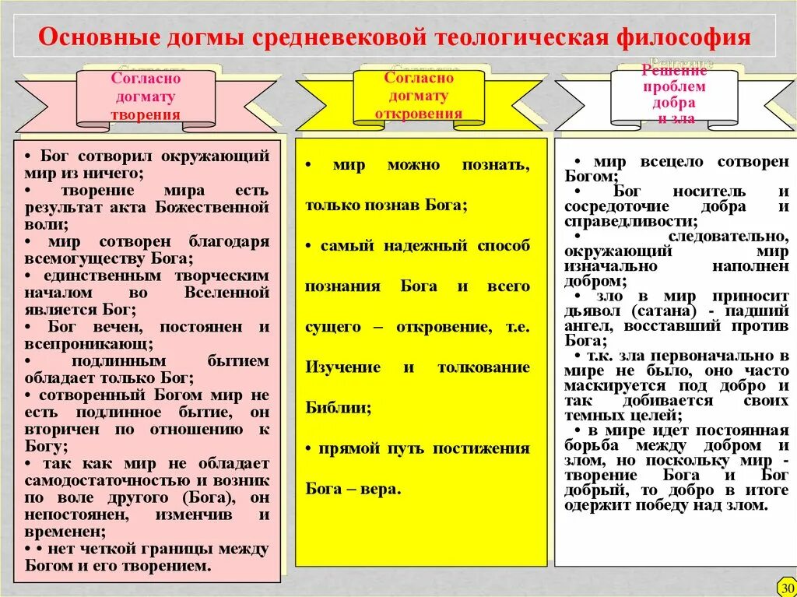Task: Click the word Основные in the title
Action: click(92, 38)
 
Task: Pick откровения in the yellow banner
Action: click(418, 114)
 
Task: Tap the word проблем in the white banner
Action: click(673, 86)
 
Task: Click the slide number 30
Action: click(786, 587)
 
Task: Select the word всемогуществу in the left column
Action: click(79, 258)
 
